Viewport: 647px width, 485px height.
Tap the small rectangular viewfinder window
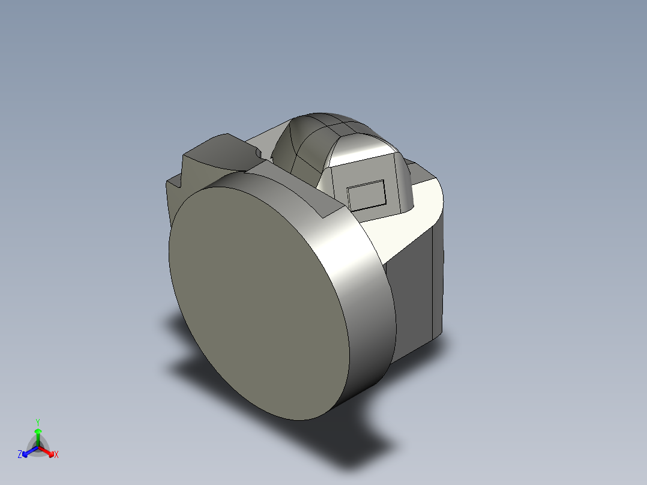pos(367,194)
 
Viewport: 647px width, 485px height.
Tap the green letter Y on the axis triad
pos(37,422)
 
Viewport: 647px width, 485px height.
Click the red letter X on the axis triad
pos(56,455)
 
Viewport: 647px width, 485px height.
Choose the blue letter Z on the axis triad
pos(20,455)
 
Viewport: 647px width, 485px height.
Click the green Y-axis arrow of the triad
pos(38,435)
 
